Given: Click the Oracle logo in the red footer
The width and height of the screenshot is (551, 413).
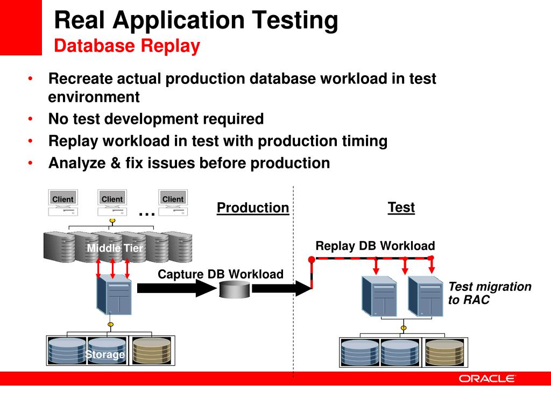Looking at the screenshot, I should [487, 379].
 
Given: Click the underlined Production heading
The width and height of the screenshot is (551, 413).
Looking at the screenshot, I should [252, 208].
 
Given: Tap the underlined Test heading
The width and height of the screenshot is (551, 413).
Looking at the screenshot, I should [401, 208].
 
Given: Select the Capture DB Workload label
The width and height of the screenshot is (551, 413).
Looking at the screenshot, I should [220, 274].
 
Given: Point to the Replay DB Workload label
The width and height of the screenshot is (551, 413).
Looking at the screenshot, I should [375, 246].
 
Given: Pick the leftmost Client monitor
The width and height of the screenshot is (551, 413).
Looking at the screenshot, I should [62, 200].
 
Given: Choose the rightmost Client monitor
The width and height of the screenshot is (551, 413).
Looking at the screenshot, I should [173, 200].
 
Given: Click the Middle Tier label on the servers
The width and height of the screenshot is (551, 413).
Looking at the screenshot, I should [115, 248].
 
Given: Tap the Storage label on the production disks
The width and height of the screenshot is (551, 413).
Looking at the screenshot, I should [105, 354].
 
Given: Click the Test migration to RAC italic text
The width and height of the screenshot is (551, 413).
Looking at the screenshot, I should [489, 293].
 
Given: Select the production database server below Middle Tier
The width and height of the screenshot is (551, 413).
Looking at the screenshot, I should [114, 295].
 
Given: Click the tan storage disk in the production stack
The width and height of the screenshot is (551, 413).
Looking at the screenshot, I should [151, 350].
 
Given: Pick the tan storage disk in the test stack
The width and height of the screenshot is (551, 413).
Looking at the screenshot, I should [444, 352].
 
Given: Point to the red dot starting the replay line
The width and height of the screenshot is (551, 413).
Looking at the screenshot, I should [311, 260].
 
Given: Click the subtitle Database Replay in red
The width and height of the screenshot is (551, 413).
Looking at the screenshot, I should [127, 46].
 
